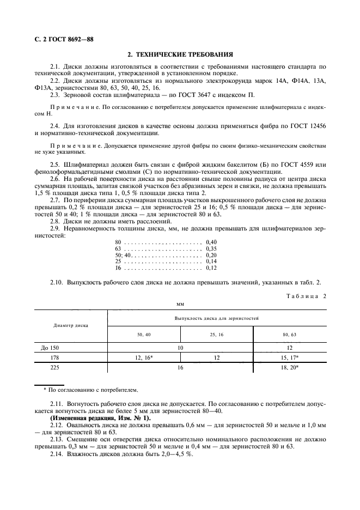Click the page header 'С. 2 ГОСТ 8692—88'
(x=63, y=39)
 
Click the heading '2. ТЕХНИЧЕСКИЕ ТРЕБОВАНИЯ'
(x=180, y=54)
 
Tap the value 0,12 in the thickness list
(x=211, y=268)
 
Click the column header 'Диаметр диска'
(x=71, y=325)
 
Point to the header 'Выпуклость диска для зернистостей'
(x=216, y=317)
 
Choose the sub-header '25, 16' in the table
(x=216, y=334)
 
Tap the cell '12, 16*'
(x=144, y=357)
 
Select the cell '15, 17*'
(x=289, y=357)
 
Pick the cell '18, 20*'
(x=289, y=368)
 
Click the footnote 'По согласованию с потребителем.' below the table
(x=93, y=390)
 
